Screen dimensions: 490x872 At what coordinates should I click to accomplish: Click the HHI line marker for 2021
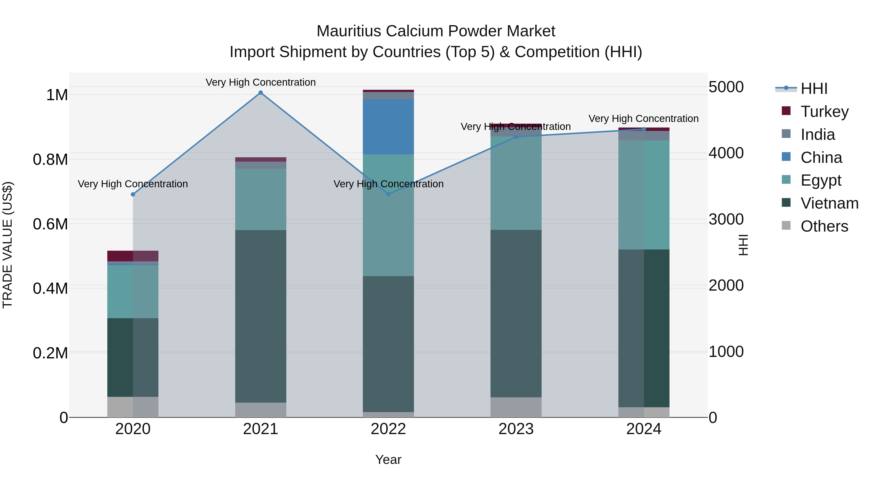pos(260,93)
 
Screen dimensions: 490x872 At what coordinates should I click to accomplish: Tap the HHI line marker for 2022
pos(388,194)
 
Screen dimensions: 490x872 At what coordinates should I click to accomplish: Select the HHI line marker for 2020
pos(133,195)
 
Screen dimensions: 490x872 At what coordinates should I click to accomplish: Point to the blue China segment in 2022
pos(388,127)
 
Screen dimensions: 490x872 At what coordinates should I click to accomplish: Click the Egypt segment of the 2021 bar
pos(260,200)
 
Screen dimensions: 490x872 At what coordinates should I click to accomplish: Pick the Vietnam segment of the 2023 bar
pos(516,313)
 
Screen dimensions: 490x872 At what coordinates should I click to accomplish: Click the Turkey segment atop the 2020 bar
pos(133,256)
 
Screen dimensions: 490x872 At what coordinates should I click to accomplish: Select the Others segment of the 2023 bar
pos(516,407)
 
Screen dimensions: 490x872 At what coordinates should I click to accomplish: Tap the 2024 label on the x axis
pos(644,429)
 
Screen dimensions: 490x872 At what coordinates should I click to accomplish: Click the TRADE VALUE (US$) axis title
pos(8,245)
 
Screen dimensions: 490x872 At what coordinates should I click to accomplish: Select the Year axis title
pos(388,460)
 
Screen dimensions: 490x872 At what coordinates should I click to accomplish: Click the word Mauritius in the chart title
pos(349,31)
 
